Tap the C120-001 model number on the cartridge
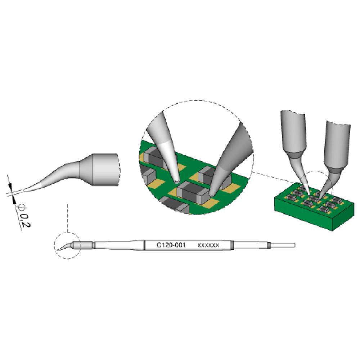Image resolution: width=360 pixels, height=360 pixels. coord(171,245)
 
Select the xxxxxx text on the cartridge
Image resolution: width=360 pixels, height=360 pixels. coord(208,245)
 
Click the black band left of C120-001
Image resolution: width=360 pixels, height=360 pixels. coord(144,245)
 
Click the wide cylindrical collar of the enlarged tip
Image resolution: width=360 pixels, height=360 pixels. coord(104,169)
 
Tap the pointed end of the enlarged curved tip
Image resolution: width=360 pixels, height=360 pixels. coord(26,189)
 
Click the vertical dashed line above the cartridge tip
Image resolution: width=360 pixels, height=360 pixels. coord(67,216)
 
